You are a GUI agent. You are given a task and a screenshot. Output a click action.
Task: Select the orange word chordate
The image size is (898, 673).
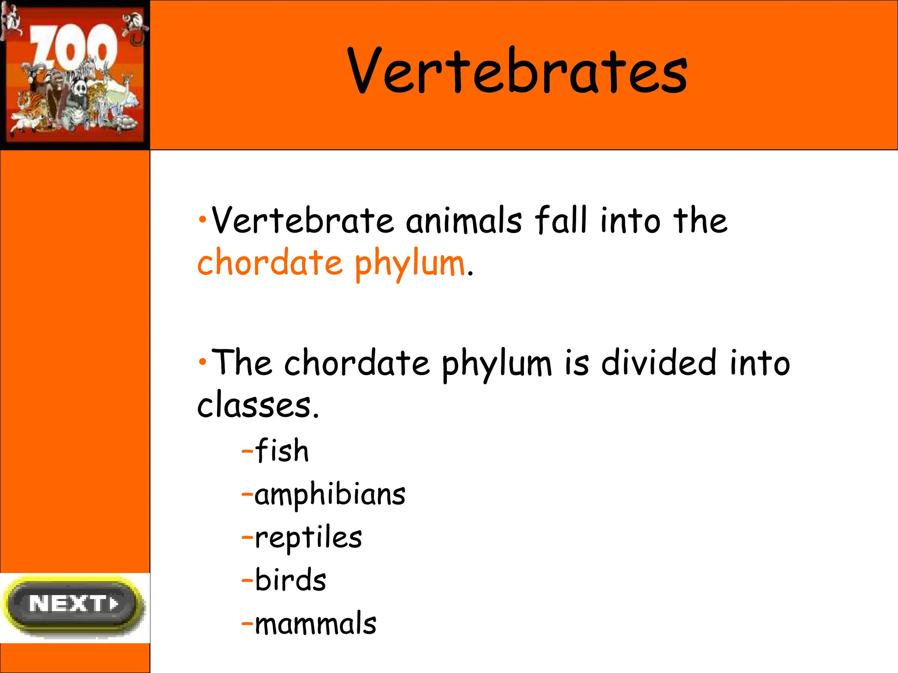(270, 263)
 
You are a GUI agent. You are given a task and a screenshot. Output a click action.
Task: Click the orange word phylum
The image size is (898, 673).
(410, 264)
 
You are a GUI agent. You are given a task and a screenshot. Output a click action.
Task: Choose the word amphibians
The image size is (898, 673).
(330, 495)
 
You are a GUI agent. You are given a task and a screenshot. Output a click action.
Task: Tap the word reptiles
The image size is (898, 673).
(308, 538)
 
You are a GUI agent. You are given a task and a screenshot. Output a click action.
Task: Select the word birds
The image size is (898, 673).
(290, 580)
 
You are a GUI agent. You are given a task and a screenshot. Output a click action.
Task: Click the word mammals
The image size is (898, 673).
(315, 623)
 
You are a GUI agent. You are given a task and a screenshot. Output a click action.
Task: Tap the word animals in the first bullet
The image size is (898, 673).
(464, 220)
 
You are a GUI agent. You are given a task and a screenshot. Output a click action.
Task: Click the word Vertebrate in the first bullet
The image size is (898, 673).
(303, 220)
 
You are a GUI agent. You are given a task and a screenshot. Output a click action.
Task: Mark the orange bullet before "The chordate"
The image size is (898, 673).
(202, 362)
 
